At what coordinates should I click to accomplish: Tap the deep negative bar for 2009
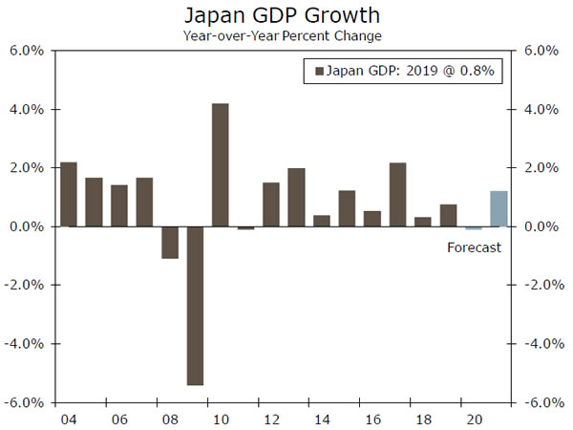pyautogui.click(x=195, y=305)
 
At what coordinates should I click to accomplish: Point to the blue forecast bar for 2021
pyautogui.click(x=498, y=208)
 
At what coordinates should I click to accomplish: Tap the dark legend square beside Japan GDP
pyautogui.click(x=319, y=70)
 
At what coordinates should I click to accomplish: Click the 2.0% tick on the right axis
pyautogui.click(x=540, y=167)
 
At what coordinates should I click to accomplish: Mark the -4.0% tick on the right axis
pyautogui.click(x=541, y=343)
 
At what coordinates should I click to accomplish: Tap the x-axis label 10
pyautogui.click(x=220, y=419)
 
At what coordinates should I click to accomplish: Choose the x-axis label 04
pyautogui.click(x=69, y=419)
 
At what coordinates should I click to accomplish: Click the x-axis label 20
pyautogui.click(x=473, y=419)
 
